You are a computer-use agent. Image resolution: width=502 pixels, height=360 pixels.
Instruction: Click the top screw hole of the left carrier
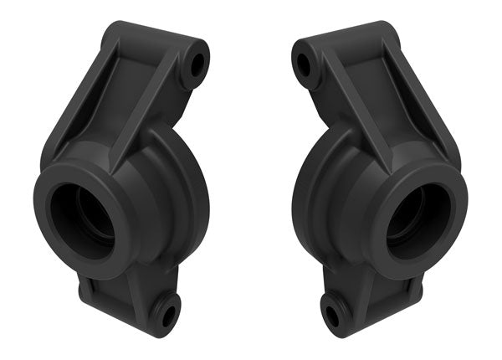pyautogui.click(x=198, y=63)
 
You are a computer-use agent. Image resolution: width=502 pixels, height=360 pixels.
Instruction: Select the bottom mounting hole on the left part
pyautogui.click(x=168, y=316)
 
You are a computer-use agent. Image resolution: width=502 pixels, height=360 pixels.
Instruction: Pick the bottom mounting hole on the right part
pyautogui.click(x=332, y=316)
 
